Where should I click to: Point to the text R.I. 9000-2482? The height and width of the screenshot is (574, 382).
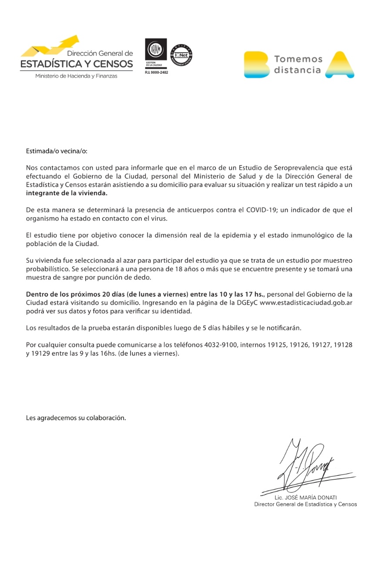156,72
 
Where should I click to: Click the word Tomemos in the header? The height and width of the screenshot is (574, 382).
298,59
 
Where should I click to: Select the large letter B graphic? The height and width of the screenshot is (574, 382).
256,65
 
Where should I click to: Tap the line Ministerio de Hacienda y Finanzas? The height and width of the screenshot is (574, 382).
76,76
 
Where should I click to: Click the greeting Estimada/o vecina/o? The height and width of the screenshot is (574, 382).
57,151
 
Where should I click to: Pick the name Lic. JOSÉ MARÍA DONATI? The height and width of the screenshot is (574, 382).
305,497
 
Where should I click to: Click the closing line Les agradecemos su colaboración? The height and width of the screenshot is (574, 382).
76,418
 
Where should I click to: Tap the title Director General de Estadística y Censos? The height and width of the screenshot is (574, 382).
305,504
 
